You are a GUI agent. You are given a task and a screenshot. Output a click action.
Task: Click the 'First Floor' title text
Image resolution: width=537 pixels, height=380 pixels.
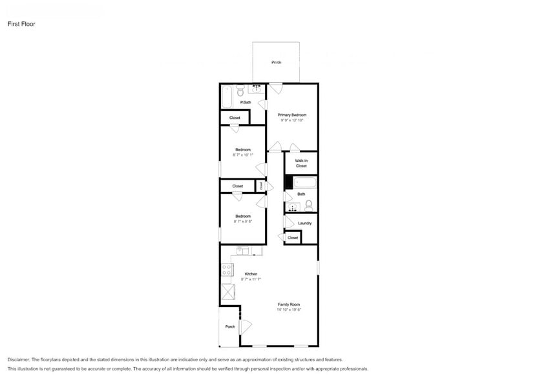pos(21,24)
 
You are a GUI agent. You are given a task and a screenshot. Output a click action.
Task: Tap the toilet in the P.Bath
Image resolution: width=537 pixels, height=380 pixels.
pos(240,91)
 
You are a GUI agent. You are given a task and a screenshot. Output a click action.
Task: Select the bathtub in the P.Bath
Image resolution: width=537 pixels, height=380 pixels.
pos(226,98)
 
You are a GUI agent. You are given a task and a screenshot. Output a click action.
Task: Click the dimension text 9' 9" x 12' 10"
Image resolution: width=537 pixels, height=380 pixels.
pos(292,120)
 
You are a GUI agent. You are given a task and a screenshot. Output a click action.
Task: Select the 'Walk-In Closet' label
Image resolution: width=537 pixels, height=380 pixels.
pos(301,163)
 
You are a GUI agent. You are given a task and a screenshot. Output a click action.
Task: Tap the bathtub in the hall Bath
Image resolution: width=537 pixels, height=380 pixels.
pos(302,182)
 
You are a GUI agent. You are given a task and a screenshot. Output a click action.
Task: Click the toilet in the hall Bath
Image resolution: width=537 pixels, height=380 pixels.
pos(309,206)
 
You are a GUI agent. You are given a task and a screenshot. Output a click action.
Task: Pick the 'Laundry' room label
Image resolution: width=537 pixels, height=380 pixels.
pos(304,223)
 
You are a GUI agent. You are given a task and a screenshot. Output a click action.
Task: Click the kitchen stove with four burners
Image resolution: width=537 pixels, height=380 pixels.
pos(227,269)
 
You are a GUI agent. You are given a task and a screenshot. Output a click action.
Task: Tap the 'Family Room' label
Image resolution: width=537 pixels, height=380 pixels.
pos(289,304)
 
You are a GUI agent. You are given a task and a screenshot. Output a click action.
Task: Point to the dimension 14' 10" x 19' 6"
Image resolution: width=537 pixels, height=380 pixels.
pos(289,310)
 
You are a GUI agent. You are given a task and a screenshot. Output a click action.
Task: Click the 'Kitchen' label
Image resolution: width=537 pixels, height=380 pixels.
pos(251,273)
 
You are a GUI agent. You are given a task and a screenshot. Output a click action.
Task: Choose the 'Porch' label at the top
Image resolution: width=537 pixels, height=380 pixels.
pos(277,62)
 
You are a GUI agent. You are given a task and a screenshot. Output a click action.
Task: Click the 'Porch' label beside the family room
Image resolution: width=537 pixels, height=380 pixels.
pos(230,326)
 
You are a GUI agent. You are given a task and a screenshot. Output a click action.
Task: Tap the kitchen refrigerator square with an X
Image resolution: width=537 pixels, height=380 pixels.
pos(227,290)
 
